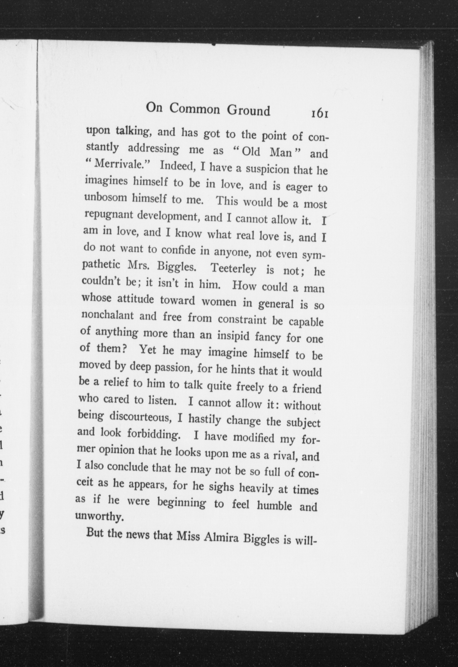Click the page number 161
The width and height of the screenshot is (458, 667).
pos(319,113)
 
